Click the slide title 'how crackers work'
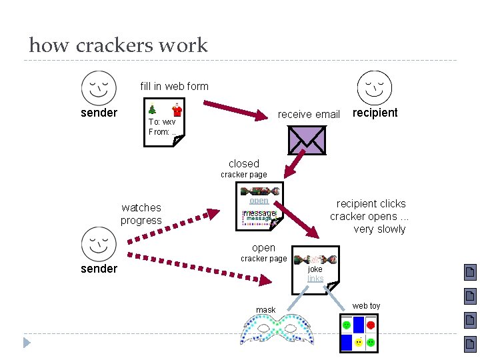(119, 45)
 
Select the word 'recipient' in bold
(375, 113)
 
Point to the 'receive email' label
(309, 114)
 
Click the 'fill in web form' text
(174, 86)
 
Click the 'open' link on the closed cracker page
(259, 200)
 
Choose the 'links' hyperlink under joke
(315, 279)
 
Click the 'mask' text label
(265, 310)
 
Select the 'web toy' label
(366, 306)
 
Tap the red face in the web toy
(371, 325)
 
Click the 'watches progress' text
(141, 214)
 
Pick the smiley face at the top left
(98, 87)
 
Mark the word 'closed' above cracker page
(243, 163)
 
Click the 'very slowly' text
(379, 229)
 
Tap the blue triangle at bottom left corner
(27, 343)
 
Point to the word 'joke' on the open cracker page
(315, 269)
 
